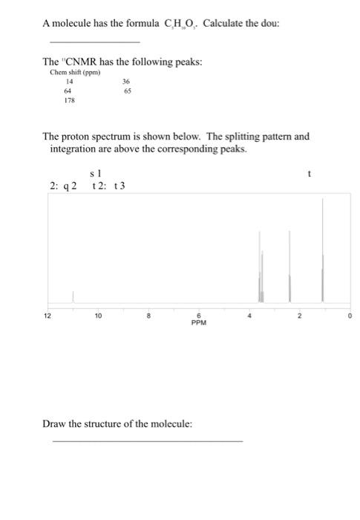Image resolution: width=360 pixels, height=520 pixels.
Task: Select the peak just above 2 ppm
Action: tap(289, 267)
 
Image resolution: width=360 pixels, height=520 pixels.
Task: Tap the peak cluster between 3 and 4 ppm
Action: tap(261, 267)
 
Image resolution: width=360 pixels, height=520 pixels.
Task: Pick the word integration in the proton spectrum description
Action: tap(73, 149)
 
